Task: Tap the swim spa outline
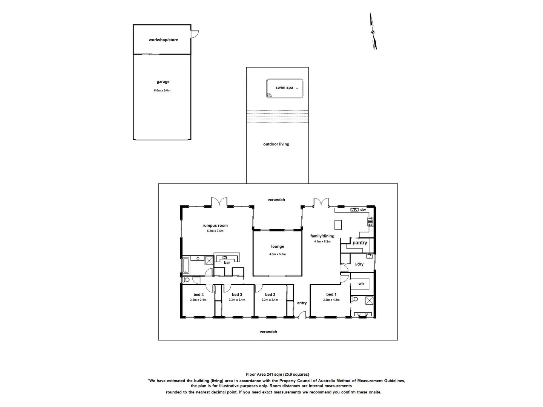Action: tap(284, 89)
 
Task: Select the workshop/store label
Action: tap(163, 40)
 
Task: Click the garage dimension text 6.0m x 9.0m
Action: tap(162, 90)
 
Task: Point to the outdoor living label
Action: tap(276, 144)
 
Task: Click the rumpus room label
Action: tap(215, 225)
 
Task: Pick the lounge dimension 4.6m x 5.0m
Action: tap(277, 254)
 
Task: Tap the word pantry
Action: tap(359, 243)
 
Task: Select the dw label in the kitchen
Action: tap(363, 210)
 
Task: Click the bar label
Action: tap(227, 263)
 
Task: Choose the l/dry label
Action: tap(359, 264)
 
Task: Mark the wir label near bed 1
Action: tap(361, 283)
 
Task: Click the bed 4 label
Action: tap(198, 295)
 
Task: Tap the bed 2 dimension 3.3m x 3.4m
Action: tap(270, 300)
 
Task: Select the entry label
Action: tap(302, 303)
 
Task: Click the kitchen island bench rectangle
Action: tap(338, 225)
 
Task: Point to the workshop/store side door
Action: tap(194, 34)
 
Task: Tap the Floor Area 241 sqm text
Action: tap(277, 374)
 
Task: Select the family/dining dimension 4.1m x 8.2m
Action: tap(322, 241)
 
